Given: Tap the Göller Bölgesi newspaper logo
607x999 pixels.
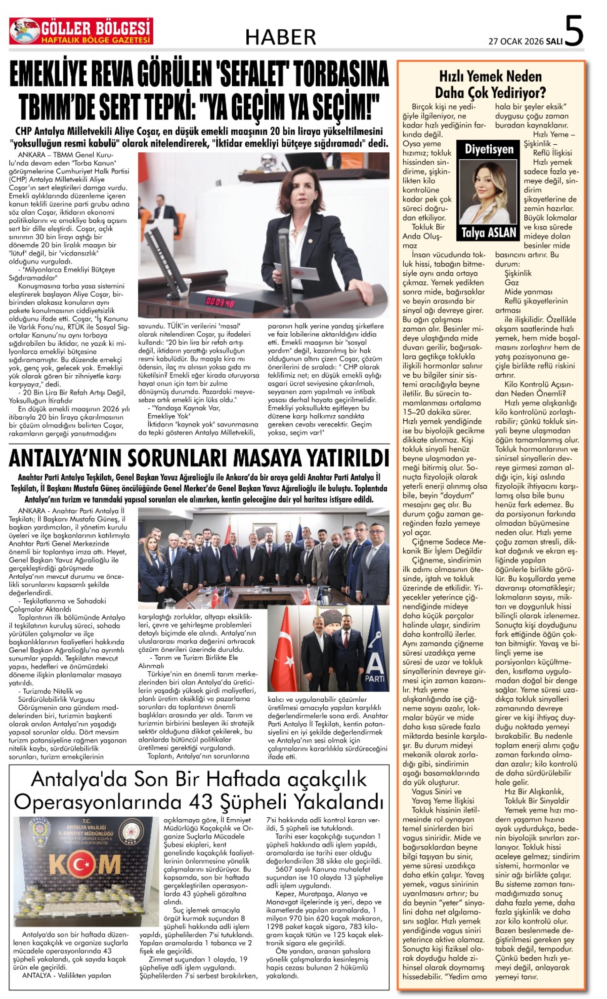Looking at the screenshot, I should (x=81, y=31).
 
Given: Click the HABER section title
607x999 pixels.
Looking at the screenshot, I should (x=280, y=37).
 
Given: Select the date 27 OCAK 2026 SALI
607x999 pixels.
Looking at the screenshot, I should (x=525, y=41).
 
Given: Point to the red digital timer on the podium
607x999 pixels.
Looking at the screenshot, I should (x=220, y=301).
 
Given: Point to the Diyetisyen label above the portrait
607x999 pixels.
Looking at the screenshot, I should (x=489, y=149).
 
